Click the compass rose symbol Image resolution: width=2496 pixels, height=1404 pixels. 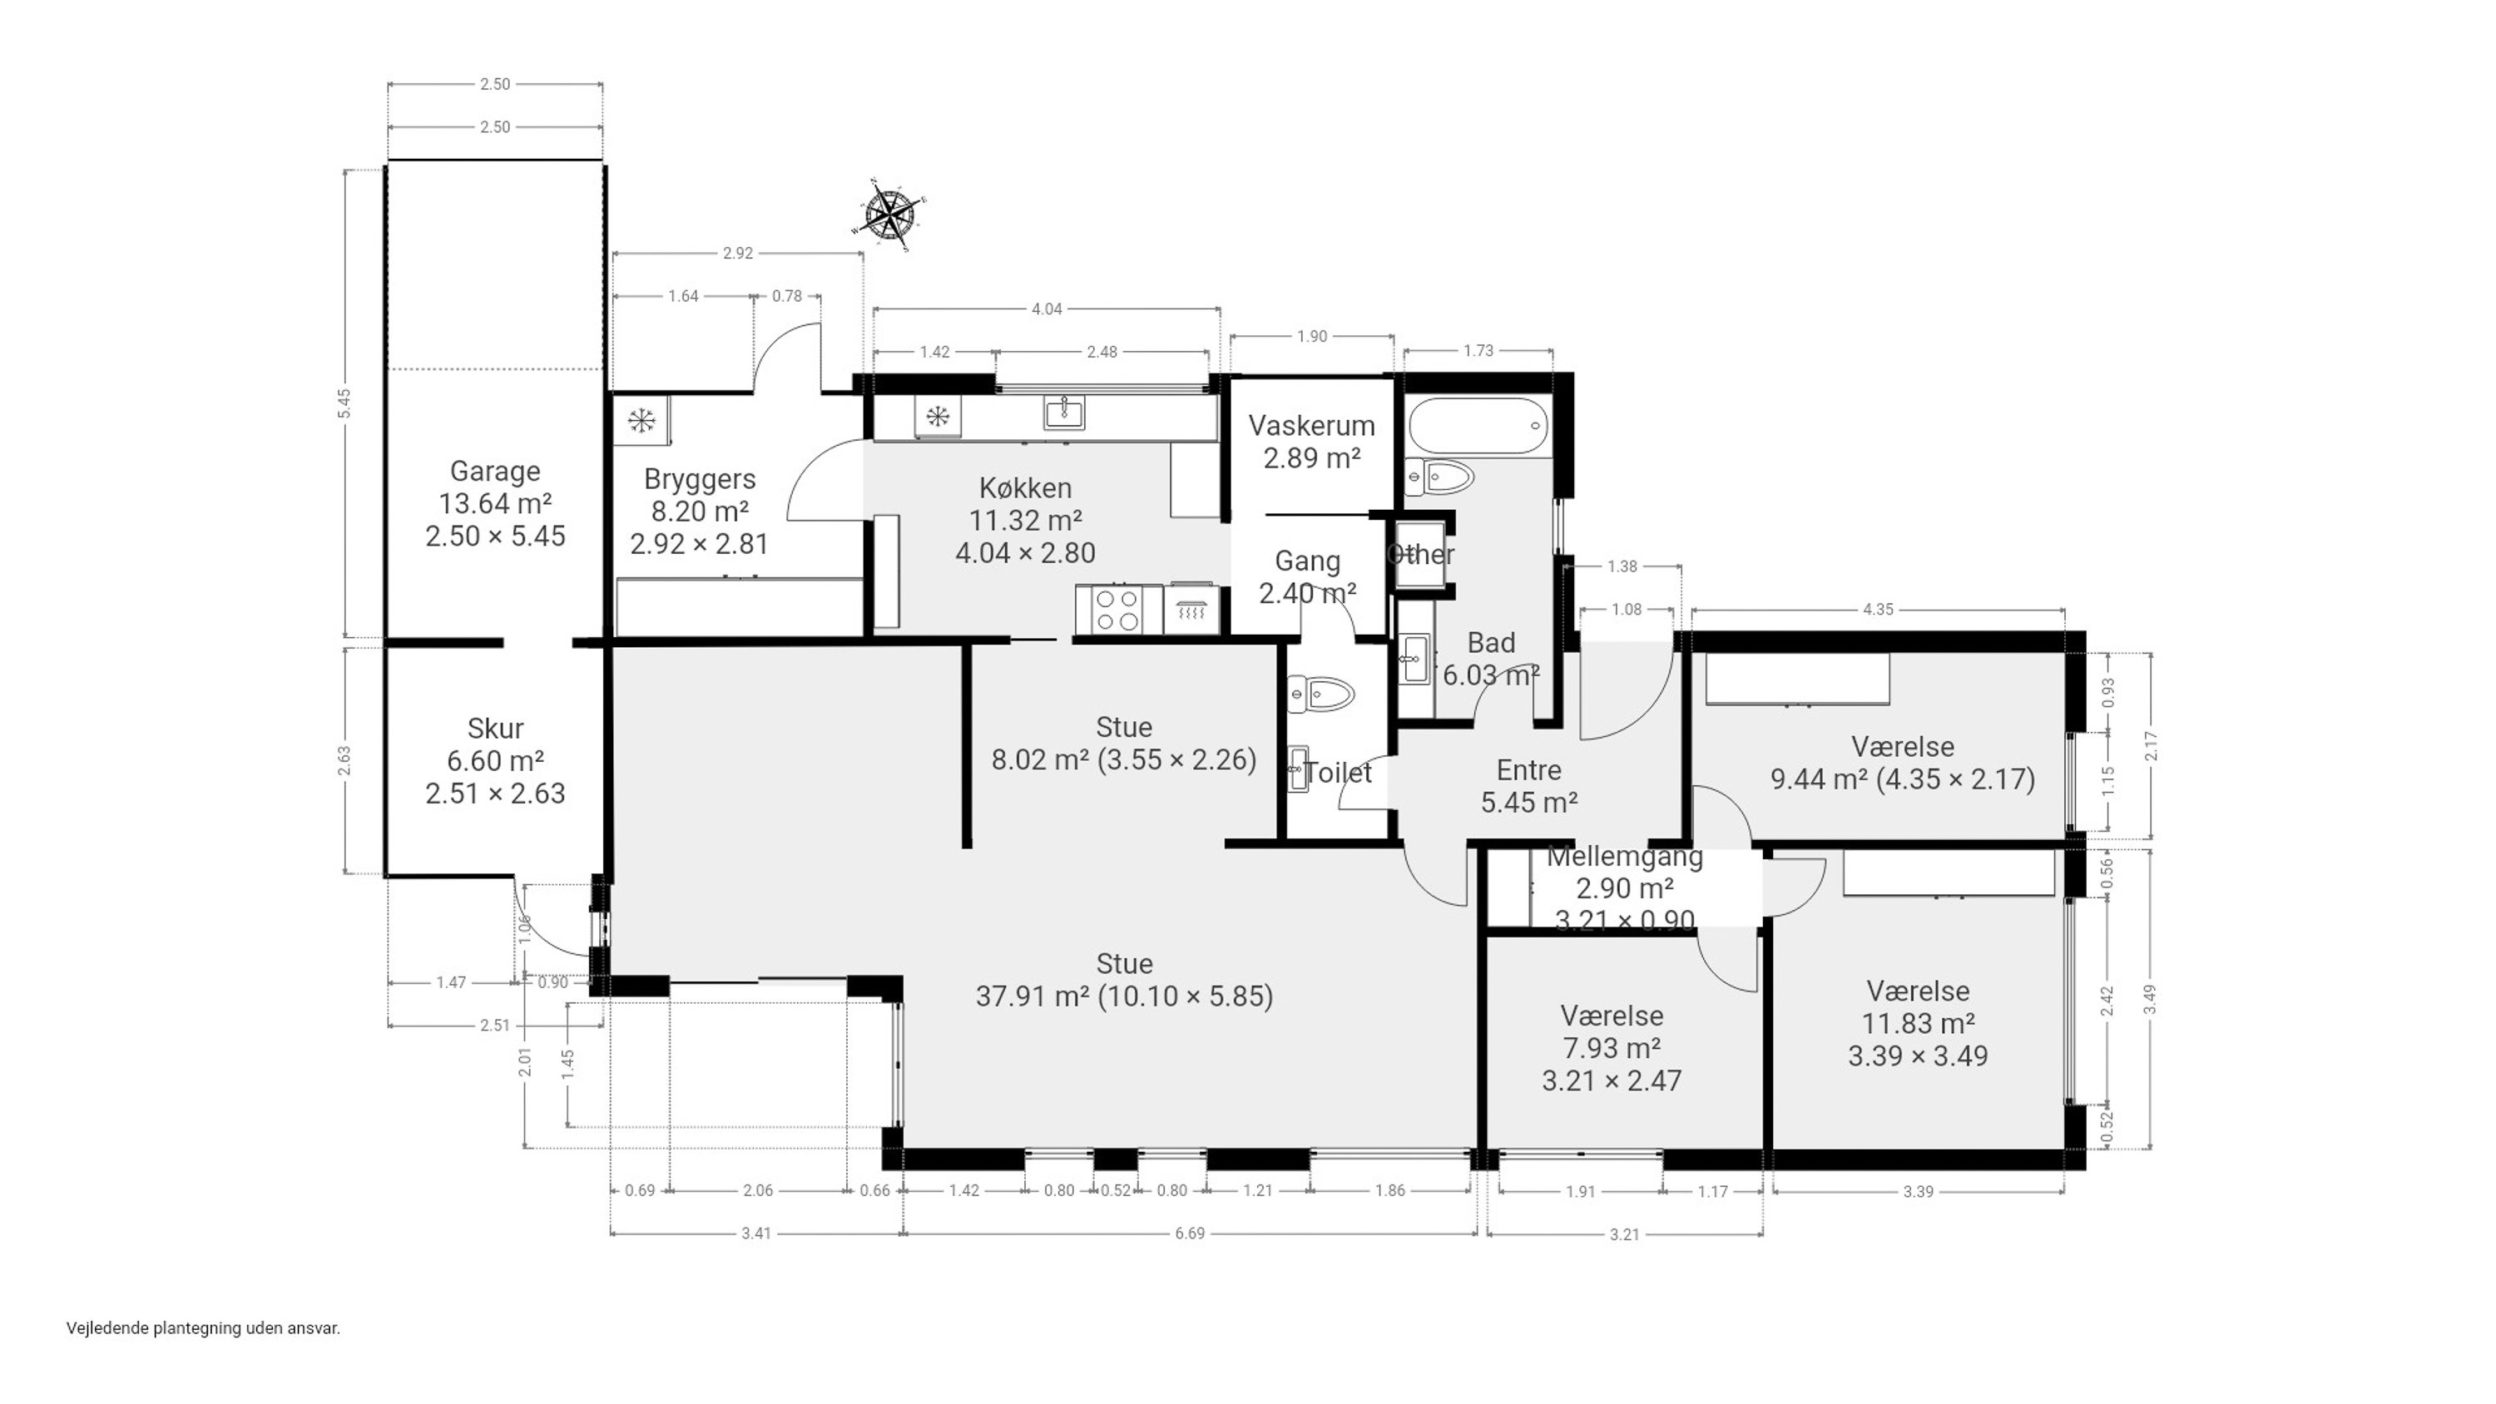click(x=889, y=215)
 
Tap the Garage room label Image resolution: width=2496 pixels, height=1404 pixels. click(x=495, y=472)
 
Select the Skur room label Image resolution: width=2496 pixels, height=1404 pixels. click(x=495, y=729)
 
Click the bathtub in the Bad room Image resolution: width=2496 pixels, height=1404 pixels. click(x=1478, y=427)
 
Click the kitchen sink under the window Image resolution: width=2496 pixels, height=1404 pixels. click(x=1064, y=413)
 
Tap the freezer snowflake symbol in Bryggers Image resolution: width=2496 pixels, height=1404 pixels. click(x=641, y=421)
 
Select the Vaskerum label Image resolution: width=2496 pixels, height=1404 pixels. click(x=1311, y=425)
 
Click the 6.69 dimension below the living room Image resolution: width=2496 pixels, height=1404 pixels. click(x=1190, y=1233)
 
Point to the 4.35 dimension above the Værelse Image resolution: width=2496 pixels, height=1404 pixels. click(x=1878, y=610)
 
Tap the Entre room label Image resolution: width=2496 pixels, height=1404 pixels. click(x=1529, y=770)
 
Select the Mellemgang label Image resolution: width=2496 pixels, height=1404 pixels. click(x=1625, y=857)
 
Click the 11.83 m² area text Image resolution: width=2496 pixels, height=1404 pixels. click(x=1919, y=1023)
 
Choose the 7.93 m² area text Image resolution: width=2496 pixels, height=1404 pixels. click(x=1612, y=1047)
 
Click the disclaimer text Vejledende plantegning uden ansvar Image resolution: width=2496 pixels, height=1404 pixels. click(x=204, y=1328)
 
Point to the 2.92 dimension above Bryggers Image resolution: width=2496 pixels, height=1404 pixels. click(x=737, y=253)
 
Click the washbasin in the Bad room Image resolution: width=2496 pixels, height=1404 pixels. click(x=1415, y=659)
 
